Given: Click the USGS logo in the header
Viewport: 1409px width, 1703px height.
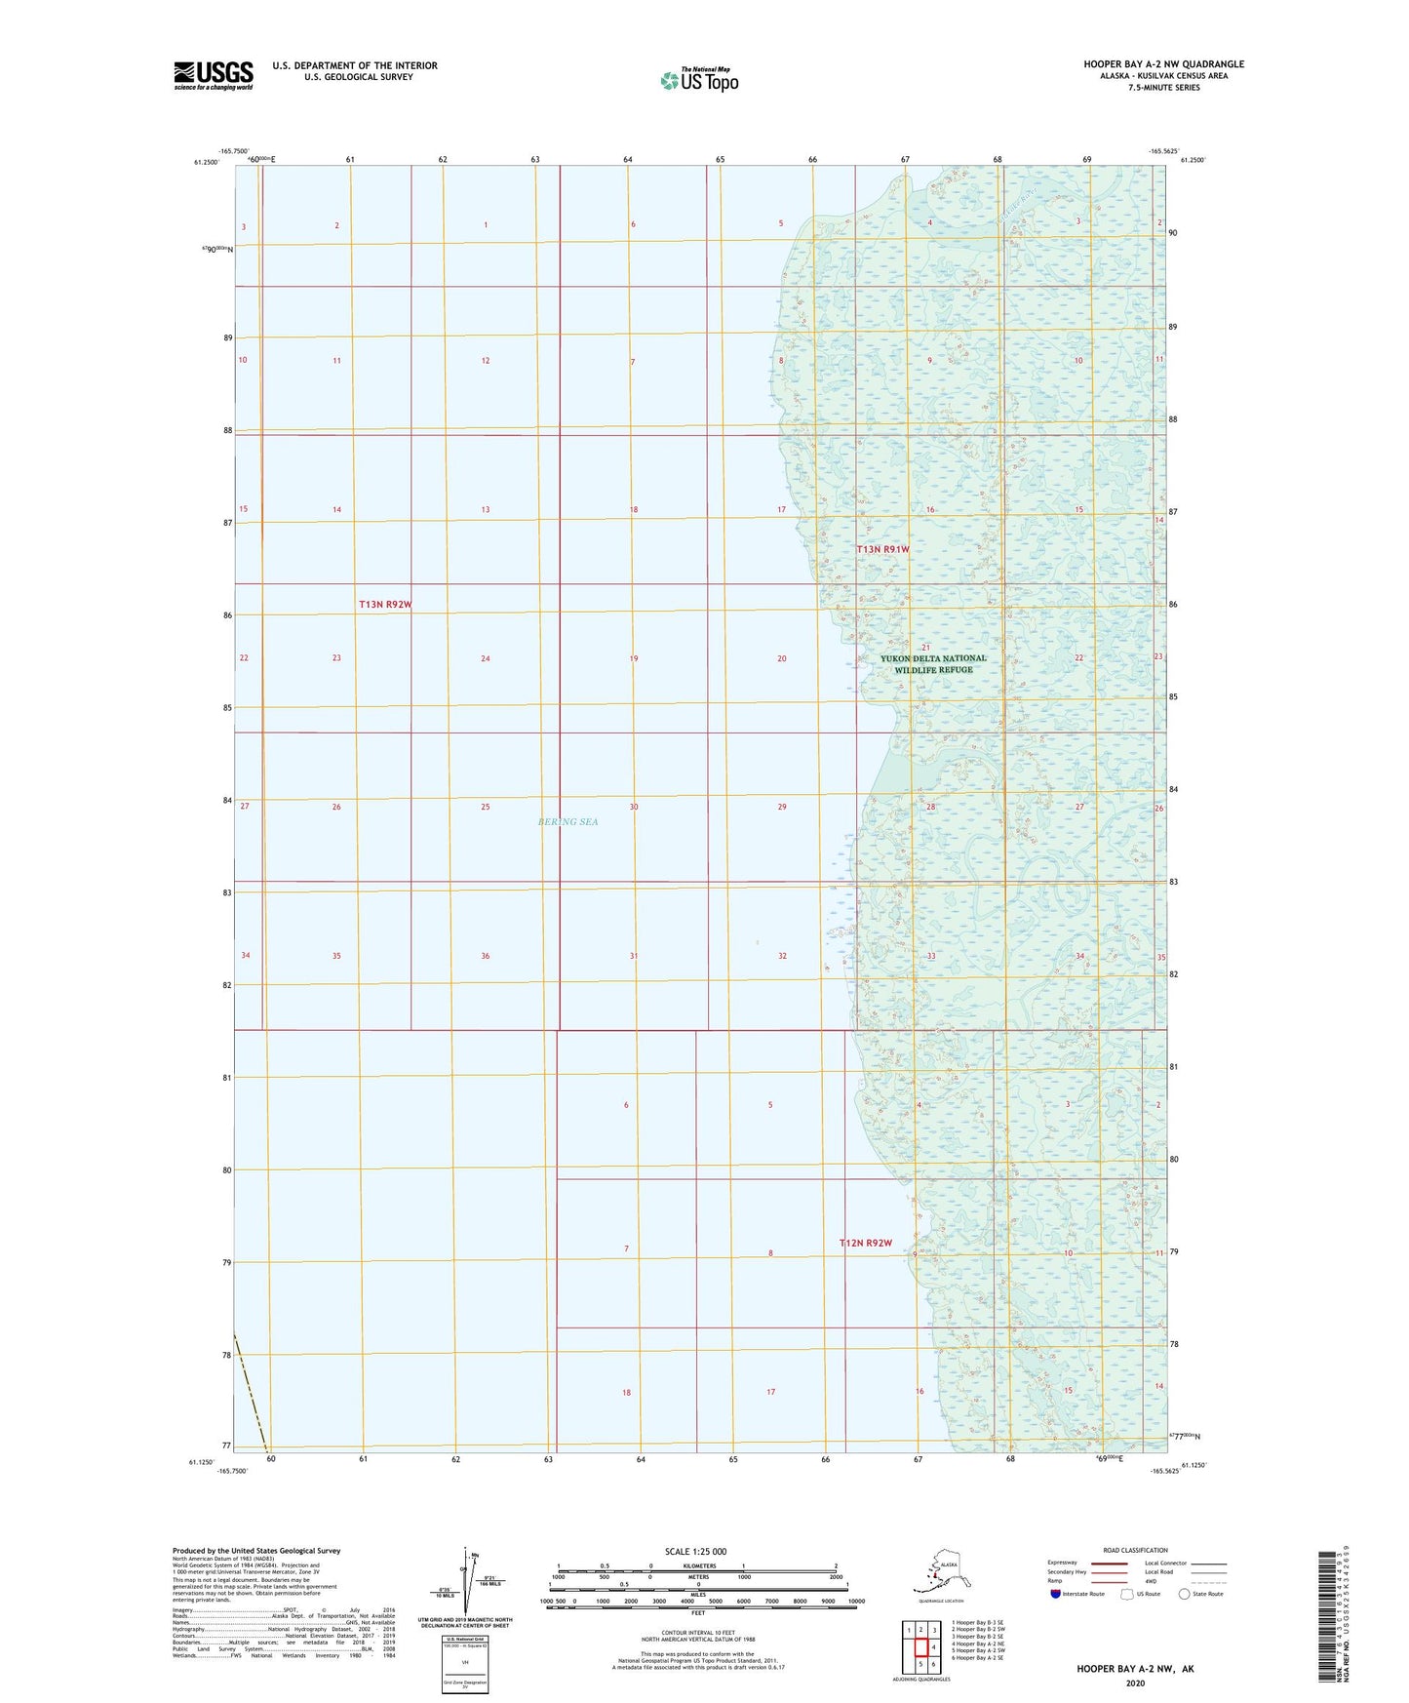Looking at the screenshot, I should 213,75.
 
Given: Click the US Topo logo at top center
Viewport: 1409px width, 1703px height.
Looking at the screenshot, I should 698,80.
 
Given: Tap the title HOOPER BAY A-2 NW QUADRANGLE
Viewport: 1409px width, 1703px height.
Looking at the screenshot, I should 1163,64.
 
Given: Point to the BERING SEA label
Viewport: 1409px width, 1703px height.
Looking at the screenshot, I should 568,821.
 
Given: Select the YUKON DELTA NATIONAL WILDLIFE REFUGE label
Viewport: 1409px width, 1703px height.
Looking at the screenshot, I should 933,663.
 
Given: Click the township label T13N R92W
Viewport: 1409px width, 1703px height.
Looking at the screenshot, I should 385,605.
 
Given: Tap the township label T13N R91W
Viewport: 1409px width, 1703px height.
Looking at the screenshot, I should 882,549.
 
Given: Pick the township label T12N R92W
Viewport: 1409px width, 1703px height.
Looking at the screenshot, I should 866,1243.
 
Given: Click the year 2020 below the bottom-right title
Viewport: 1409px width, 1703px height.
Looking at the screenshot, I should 1135,1683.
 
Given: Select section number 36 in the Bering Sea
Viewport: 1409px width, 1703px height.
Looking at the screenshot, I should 485,956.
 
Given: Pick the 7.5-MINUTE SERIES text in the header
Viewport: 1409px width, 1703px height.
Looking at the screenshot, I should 1163,88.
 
